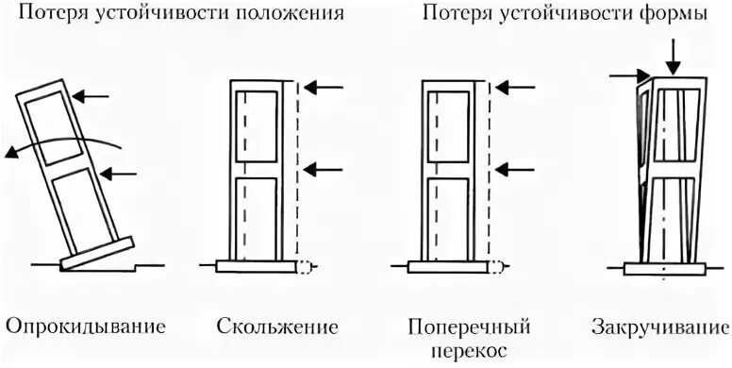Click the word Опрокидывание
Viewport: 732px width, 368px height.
point(86,328)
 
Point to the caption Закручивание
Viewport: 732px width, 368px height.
point(660,328)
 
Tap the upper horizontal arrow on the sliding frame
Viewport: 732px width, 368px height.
point(324,87)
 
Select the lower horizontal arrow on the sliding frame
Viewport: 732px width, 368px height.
point(324,169)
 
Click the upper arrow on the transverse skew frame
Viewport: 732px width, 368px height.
point(515,87)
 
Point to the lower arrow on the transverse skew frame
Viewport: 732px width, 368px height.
point(515,169)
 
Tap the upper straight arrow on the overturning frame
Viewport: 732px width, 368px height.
point(91,95)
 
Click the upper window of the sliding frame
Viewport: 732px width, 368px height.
point(258,125)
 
